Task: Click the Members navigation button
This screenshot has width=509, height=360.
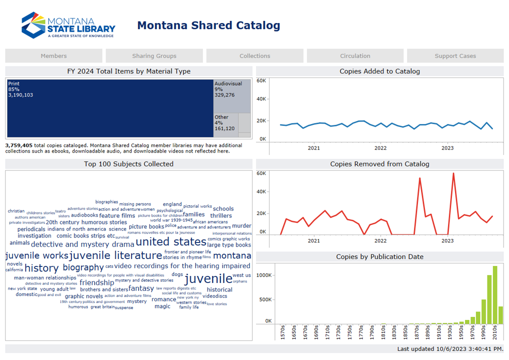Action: (x=53, y=56)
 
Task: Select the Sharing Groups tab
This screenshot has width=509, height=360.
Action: (x=154, y=56)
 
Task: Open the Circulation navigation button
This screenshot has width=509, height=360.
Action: (x=355, y=56)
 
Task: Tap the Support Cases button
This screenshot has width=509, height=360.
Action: (x=455, y=56)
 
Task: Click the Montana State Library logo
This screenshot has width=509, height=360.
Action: (x=68, y=25)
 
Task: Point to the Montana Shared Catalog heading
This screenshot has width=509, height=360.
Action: (x=208, y=25)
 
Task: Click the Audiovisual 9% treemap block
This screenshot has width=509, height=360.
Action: (x=232, y=95)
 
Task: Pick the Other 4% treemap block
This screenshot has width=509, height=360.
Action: (x=225, y=123)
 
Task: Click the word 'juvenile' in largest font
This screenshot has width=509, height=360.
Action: (x=208, y=278)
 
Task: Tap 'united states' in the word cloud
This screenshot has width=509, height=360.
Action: (x=170, y=242)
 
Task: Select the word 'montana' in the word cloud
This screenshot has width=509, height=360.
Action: (x=232, y=255)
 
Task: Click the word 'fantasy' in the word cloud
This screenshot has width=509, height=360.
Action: (x=141, y=288)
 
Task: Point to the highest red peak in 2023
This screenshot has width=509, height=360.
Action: (x=453, y=173)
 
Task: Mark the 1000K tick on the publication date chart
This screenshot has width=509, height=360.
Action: (x=263, y=275)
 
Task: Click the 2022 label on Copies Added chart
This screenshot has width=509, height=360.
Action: (x=380, y=148)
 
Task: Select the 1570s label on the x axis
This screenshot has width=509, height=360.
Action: (x=283, y=331)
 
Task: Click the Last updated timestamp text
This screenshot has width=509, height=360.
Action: (x=450, y=348)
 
